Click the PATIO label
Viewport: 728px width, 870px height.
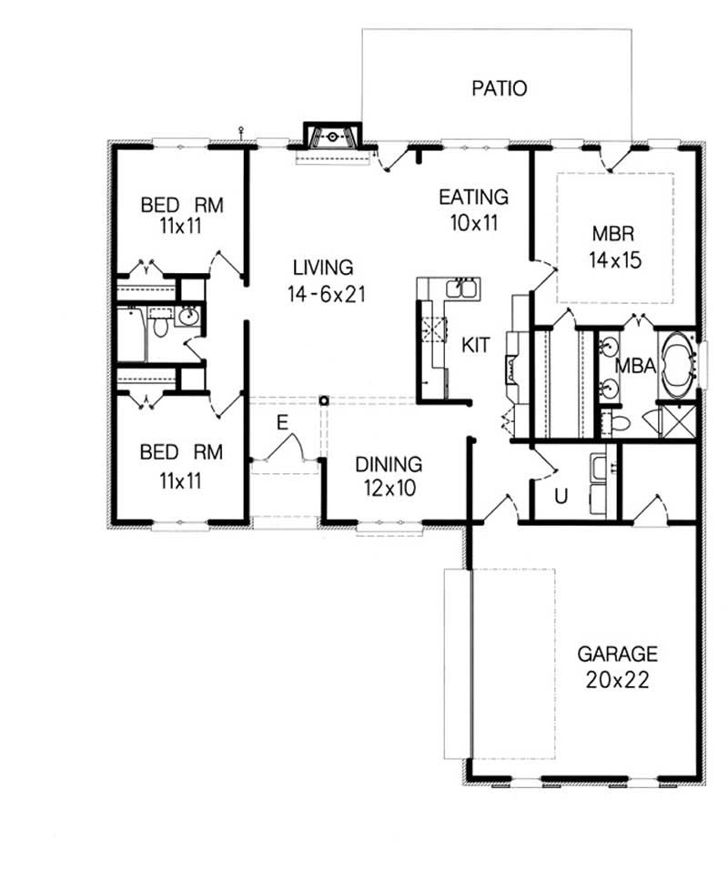500,88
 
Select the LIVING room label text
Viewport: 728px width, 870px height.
322,268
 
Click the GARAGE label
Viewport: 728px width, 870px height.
617,653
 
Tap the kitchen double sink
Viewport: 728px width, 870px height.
462,290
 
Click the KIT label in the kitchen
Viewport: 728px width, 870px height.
476,345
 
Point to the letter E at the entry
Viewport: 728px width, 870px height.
282,421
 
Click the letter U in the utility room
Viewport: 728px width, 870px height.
561,496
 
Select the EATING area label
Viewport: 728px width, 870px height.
473,197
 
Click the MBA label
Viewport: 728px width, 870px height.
633,366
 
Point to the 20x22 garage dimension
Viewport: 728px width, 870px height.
617,680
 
